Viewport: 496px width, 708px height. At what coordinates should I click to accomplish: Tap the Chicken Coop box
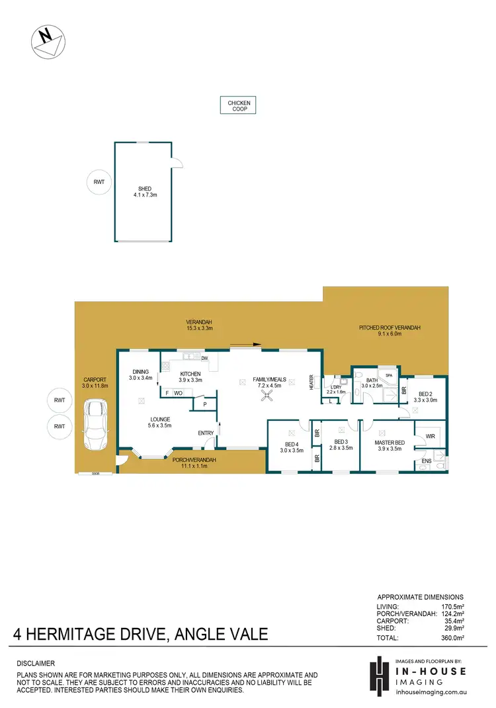(x=238, y=106)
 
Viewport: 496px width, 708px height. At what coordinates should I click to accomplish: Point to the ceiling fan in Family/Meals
(x=268, y=396)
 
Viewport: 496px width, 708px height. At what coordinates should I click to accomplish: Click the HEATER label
(x=310, y=382)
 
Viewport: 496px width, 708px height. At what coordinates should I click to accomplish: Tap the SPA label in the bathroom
(x=390, y=375)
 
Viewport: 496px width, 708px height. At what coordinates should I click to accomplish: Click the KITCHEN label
(x=190, y=374)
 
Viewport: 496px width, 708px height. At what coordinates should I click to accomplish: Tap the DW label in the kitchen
(x=204, y=359)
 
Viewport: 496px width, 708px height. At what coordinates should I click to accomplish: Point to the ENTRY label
(x=206, y=433)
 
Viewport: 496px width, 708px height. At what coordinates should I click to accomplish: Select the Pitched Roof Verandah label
(x=390, y=328)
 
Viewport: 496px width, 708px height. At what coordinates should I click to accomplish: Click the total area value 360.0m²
(x=453, y=638)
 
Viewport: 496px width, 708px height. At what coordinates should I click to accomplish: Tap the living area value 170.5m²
(x=453, y=606)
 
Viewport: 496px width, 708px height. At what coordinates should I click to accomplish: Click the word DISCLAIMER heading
(x=36, y=663)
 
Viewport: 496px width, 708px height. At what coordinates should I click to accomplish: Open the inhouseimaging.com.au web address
(x=431, y=692)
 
